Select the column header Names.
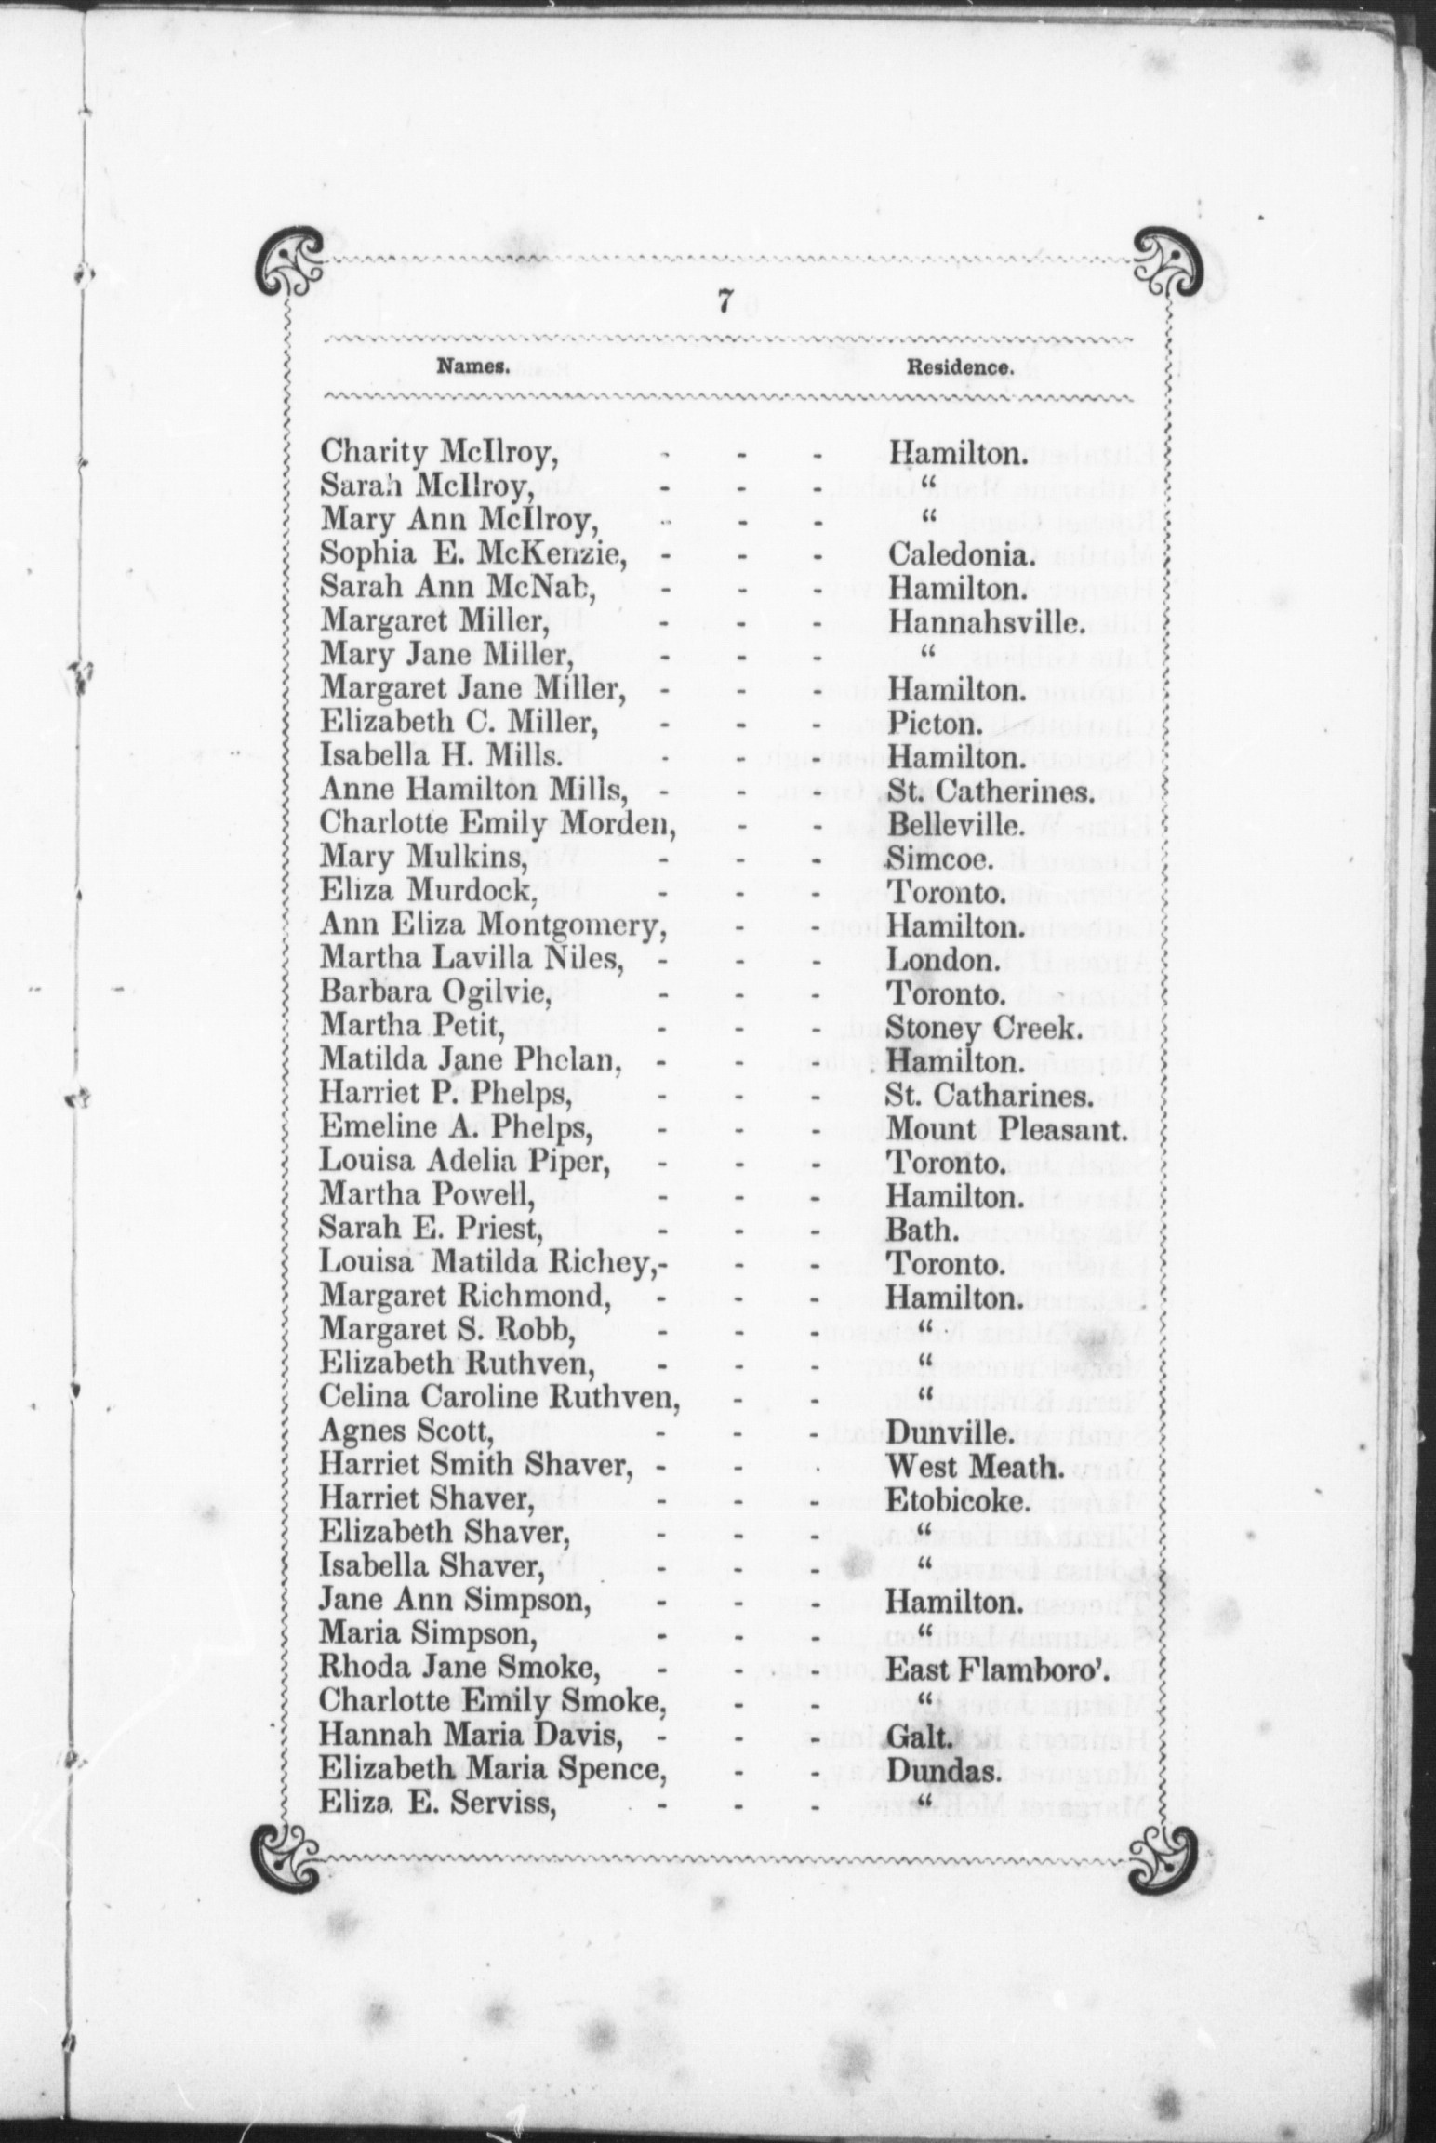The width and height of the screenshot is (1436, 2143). click(x=472, y=366)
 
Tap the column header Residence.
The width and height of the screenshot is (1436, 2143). click(x=959, y=367)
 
